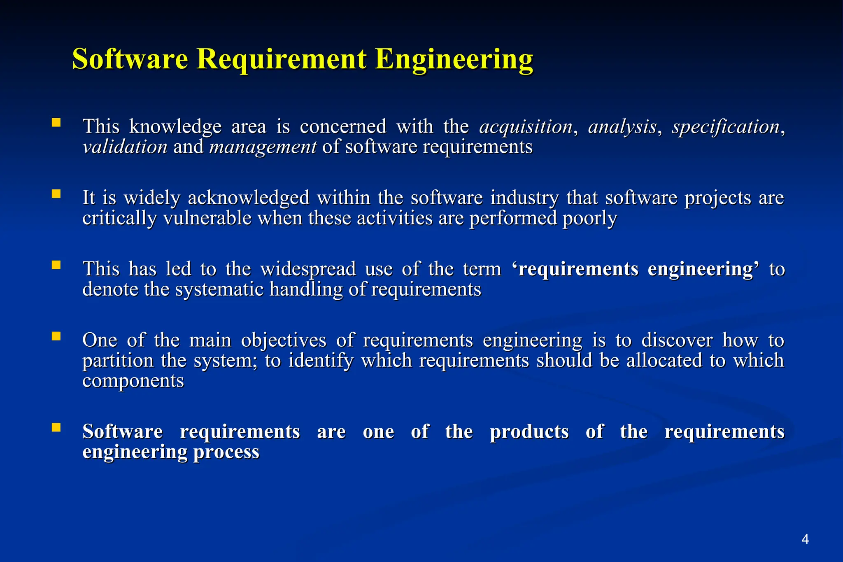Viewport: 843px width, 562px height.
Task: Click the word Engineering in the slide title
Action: click(454, 60)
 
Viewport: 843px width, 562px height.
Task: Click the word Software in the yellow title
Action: click(130, 59)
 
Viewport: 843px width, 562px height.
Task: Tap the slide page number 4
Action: click(805, 539)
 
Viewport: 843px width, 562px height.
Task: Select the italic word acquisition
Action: click(526, 127)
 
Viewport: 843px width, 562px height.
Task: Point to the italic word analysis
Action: click(622, 127)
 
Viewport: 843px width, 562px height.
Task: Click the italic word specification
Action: click(726, 127)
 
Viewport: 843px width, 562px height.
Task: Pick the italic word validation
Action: click(125, 147)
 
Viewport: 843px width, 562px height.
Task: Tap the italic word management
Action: click(263, 147)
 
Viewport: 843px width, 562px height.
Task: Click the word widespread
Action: click(308, 269)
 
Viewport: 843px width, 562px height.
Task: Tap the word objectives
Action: click(284, 340)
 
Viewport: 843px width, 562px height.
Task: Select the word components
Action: click(133, 381)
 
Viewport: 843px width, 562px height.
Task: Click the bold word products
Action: click(529, 432)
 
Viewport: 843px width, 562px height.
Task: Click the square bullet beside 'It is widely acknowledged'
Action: click(56, 194)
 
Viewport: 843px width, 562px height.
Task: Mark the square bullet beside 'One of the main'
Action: click(56, 336)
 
